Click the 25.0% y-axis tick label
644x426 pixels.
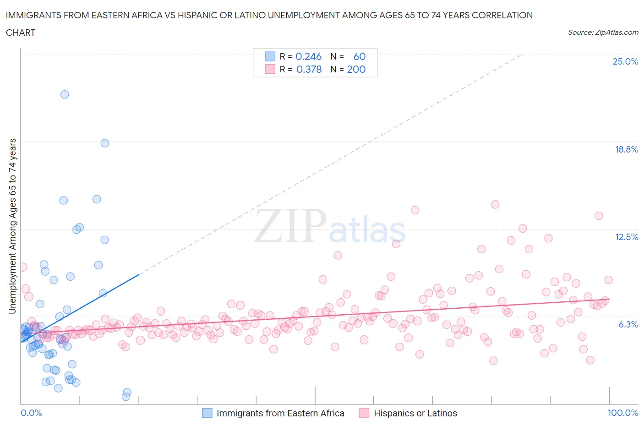625,61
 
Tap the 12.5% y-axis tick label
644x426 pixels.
626,237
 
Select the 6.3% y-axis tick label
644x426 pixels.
628,324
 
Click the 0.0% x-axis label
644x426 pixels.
31,413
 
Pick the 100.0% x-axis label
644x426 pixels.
622,413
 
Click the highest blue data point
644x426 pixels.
65,94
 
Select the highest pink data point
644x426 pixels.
495,204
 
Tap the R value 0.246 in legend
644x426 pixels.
308,56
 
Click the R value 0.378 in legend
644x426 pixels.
309,69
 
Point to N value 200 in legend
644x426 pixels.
356,69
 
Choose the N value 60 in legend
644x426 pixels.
360,56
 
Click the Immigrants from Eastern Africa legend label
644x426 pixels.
280,413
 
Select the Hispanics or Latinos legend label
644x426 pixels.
415,413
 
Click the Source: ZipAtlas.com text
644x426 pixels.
603,32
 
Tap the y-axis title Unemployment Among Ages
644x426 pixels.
12,226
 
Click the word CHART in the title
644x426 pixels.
21,33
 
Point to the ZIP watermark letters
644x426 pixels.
289,226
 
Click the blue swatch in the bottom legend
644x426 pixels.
207,413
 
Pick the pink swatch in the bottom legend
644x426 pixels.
364,413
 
